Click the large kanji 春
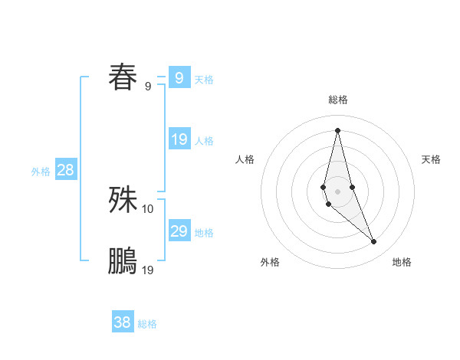[x=123, y=77]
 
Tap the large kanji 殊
[x=123, y=199]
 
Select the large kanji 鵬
[x=123, y=260]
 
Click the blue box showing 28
[x=65, y=170]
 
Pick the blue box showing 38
[x=122, y=322]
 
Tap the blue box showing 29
[x=179, y=231]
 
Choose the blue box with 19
[x=179, y=139]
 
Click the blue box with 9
[x=179, y=77]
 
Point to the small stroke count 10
[x=148, y=208]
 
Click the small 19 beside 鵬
[x=148, y=270]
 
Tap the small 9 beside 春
[x=148, y=86]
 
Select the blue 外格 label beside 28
[x=41, y=172]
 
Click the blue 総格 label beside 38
[x=147, y=324]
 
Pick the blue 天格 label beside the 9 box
[x=204, y=79]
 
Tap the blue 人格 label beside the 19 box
[x=204, y=141]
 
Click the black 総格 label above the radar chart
[x=337, y=100]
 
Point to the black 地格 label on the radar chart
[x=402, y=262]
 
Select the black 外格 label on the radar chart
[x=270, y=262]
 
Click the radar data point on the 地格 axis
[x=374, y=241]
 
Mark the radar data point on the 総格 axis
[x=337, y=129]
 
